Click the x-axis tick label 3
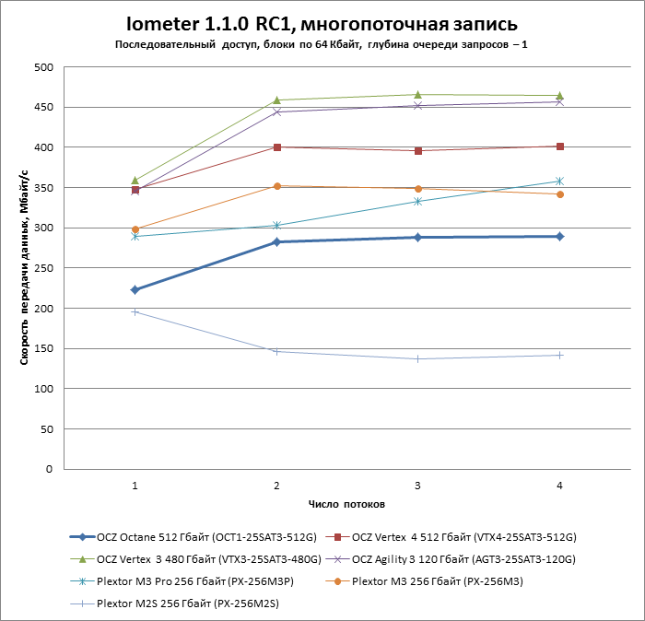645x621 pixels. coord(418,485)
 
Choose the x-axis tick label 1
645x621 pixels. coord(135,485)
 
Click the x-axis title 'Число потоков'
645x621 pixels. coord(346,504)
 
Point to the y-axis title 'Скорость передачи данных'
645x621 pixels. coord(25,268)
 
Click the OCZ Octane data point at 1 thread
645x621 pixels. coord(135,289)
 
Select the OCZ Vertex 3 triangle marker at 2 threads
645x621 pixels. coord(276,100)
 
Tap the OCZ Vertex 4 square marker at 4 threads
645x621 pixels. coord(559,146)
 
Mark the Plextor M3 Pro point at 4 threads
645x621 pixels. coord(559,181)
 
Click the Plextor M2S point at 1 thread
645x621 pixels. coord(135,311)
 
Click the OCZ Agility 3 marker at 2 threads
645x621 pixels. coord(276,112)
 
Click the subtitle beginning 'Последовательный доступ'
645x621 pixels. coord(322,44)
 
